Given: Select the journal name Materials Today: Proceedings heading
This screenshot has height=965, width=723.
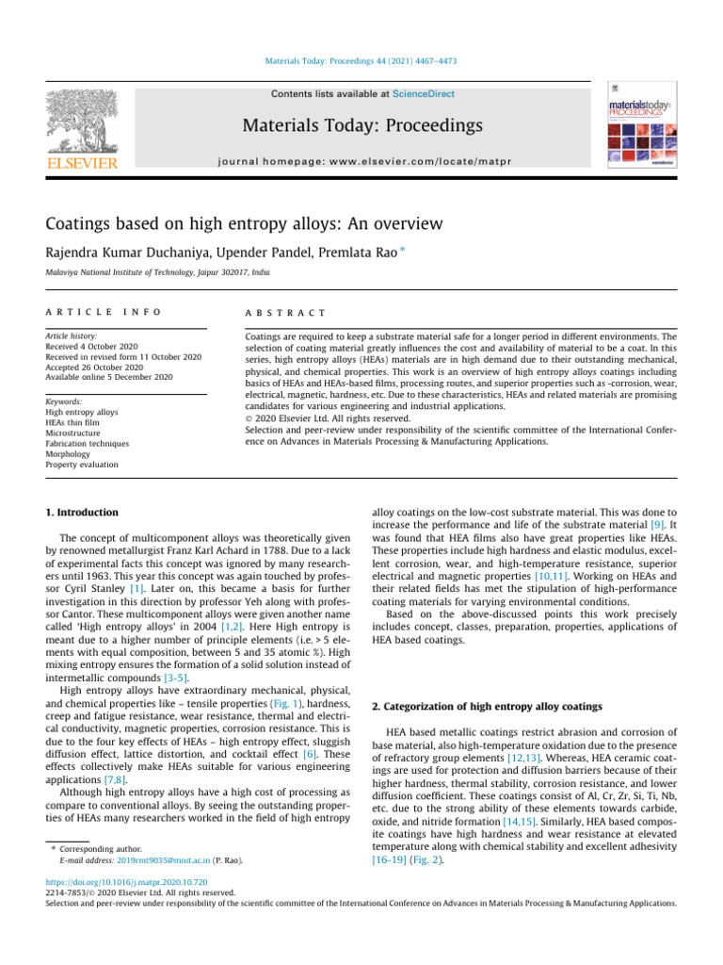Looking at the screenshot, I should tap(361, 125).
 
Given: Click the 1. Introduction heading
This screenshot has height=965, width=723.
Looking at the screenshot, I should tap(82, 512).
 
